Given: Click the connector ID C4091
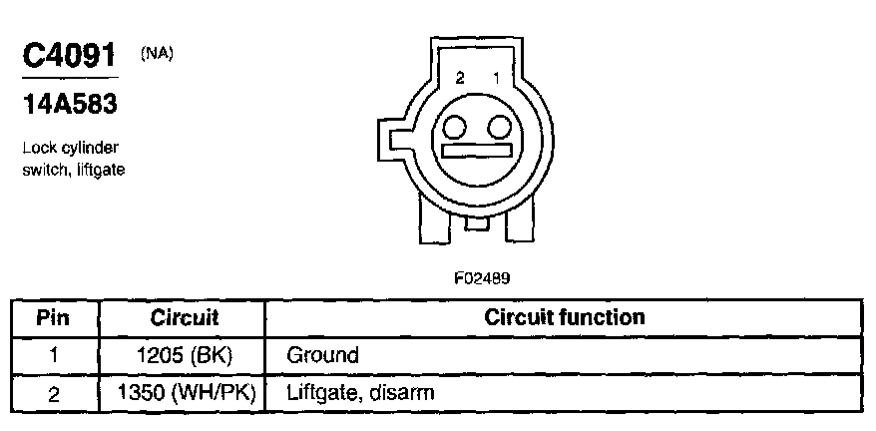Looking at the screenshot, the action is coord(69,57).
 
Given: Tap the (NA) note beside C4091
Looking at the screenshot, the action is coord(157,54).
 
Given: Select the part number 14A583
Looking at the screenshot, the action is coord(70,104).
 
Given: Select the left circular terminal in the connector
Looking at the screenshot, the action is coord(456,128).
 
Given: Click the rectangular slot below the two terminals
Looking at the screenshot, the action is coord(476,154).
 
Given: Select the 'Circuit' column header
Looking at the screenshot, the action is coord(184,318).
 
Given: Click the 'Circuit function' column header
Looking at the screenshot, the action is coord(564,318).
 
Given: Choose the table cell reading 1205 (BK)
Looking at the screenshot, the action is coord(184,354).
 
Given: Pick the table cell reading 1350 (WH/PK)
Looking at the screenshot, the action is coord(184,392).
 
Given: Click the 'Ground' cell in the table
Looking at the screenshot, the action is coord(322,354).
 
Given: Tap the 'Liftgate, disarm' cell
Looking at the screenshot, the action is coord(360,392).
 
